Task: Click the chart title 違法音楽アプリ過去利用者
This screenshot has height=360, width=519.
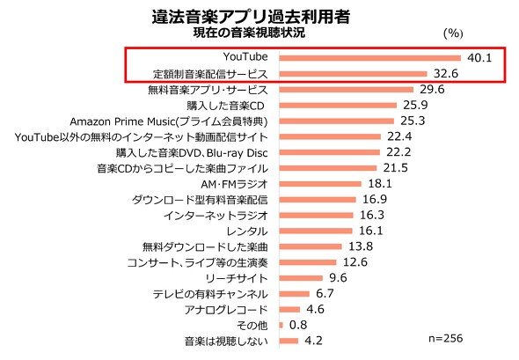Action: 251,16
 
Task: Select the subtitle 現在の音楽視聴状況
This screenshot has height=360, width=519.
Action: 249,33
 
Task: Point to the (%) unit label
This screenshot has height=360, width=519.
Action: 453,33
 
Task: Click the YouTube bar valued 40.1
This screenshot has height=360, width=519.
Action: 370,58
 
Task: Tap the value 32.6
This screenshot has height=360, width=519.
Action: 446,73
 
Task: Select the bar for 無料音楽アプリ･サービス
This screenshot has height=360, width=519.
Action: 347,90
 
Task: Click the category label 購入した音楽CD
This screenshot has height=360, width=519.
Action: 225,106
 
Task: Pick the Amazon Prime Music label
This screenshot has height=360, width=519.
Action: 169,121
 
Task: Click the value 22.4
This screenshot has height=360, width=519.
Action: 399,136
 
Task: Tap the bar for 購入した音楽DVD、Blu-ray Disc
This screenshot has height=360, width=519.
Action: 330,152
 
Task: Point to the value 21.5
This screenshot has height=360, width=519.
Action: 396,167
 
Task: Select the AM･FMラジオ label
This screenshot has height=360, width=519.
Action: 234,184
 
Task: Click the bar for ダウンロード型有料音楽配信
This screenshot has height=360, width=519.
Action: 318,200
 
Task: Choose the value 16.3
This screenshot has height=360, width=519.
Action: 372,215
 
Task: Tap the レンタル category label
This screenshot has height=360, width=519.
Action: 247,231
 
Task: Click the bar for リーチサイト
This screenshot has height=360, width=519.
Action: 301,278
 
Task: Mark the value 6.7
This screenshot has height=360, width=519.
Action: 325,293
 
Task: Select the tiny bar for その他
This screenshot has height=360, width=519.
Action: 281,325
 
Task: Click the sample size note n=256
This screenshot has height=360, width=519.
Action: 445,338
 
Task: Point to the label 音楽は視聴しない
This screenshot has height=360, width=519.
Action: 226,342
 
